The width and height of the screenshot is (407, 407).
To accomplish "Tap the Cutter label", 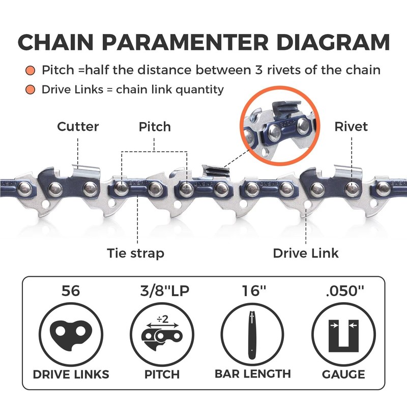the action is coord(78,126).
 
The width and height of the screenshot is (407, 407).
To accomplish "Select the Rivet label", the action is coord(351,126).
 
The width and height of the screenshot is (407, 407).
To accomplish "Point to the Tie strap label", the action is coord(135,253).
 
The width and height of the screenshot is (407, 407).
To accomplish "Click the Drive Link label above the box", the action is coord(306,253).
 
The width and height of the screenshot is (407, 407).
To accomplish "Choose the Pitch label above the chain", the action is coord(155,126).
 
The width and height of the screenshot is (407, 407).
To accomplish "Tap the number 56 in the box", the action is coord(71,293).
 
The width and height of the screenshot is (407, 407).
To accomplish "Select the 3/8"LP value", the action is coord(162,293).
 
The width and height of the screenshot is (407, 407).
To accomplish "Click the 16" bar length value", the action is coord(252,293).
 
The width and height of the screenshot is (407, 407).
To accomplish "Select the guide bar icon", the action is coord(252,335).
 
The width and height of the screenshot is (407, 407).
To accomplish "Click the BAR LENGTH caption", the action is coord(252,374).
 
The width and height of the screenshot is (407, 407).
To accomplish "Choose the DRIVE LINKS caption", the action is coord(71,374).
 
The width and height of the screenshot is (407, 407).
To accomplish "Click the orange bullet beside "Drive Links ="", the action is coord(32,90).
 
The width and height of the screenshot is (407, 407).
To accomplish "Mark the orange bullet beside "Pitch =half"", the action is coord(32,70).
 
